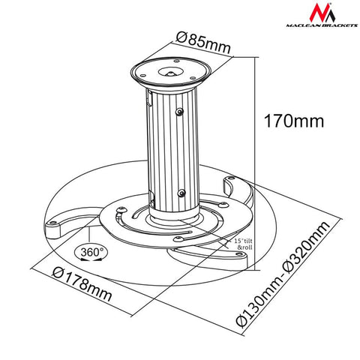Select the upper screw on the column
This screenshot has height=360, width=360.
point(180,112)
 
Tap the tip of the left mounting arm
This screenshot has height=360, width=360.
point(53,224)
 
